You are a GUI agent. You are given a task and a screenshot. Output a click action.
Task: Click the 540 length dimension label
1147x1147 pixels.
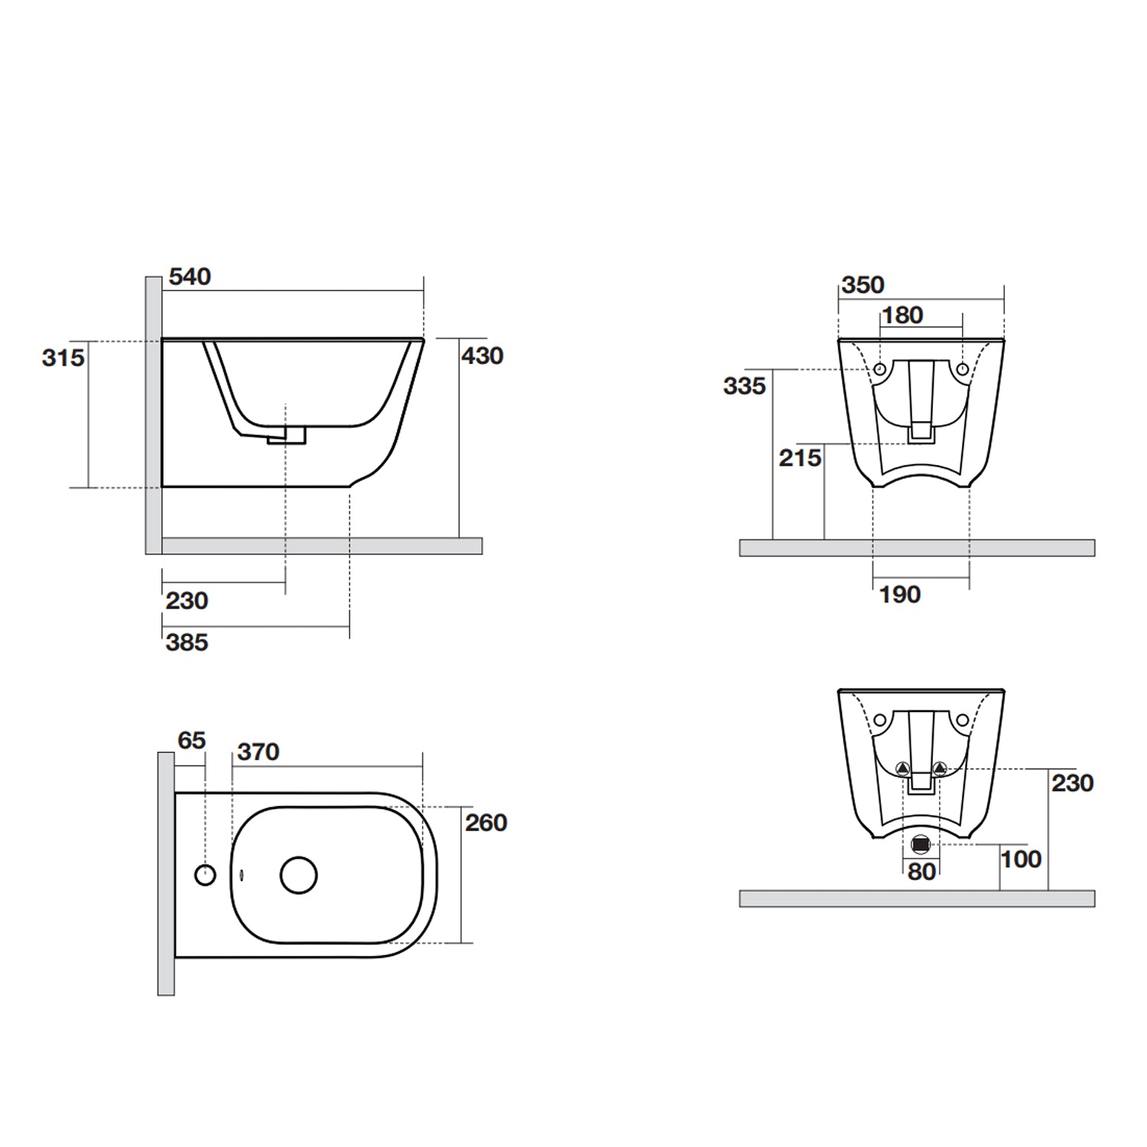[190, 277]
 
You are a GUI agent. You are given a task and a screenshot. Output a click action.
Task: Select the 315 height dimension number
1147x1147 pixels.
[63, 357]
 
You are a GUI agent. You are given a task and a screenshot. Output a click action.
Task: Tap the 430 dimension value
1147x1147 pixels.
[482, 356]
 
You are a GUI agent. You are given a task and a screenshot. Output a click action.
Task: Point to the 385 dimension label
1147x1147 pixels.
[187, 642]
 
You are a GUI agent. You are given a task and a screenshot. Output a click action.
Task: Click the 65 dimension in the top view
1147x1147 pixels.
[191, 740]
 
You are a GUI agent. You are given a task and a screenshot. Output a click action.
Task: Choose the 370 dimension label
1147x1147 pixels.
[258, 752]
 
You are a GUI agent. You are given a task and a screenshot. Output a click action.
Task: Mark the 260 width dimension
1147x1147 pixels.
[486, 823]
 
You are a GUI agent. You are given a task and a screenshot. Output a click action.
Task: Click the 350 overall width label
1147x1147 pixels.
[863, 285]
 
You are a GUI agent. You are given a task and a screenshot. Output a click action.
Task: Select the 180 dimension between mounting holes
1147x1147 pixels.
[902, 315]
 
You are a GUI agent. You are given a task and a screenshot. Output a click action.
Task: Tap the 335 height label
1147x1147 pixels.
[744, 386]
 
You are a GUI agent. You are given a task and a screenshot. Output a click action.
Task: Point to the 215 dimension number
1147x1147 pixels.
[800, 458]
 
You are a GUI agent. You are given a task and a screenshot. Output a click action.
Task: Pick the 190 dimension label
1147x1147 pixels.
[899, 595]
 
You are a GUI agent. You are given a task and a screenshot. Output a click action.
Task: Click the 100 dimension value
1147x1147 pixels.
[1021, 859]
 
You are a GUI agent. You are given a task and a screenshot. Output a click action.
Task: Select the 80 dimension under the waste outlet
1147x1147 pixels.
[921, 872]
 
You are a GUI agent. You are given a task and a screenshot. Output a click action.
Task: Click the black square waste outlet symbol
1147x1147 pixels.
[921, 844]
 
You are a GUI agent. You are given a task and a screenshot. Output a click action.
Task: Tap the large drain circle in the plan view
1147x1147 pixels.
[298, 876]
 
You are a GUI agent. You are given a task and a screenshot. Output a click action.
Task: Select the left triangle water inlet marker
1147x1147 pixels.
[903, 768]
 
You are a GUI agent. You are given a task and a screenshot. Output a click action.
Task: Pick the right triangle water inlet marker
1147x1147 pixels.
[940, 768]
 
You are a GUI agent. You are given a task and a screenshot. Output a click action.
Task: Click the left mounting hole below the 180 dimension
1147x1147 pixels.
[880, 370]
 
